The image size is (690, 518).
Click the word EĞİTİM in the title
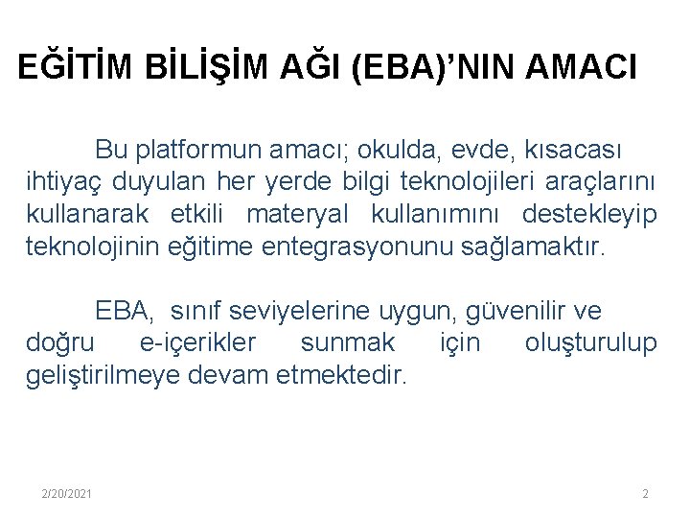[x=76, y=68]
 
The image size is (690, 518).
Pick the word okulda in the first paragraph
[x=377, y=151]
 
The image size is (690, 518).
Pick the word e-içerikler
[x=198, y=342]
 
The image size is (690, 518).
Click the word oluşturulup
[x=590, y=342]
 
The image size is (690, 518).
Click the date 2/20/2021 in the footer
[x=67, y=493]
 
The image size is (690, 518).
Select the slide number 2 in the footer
[x=645, y=493]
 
